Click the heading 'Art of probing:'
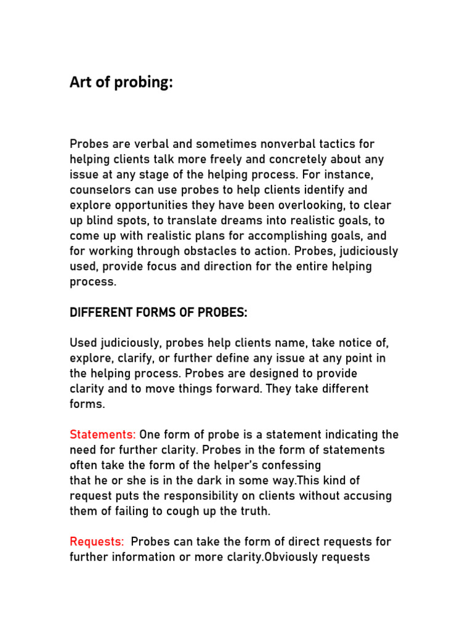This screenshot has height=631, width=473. point(121,83)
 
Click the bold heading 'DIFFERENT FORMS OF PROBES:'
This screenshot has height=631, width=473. point(158,312)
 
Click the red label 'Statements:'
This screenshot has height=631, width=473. point(103,434)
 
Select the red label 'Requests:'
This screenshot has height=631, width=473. point(97,542)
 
